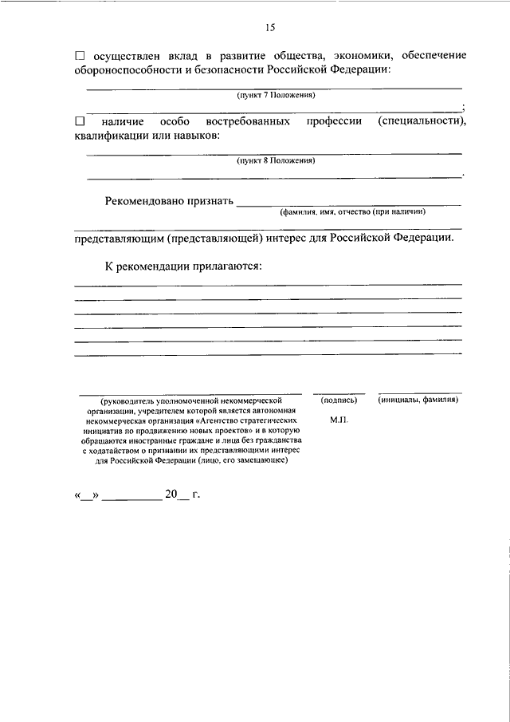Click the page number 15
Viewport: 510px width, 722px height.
[x=269, y=27]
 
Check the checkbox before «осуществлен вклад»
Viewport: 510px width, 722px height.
[x=79, y=56]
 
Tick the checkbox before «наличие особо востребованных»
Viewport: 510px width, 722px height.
[x=79, y=121]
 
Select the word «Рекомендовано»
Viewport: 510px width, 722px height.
[x=145, y=201]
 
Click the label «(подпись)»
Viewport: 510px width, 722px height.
[x=338, y=400]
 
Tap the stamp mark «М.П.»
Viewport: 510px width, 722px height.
[x=338, y=419]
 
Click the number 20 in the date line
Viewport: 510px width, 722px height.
[x=171, y=495]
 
